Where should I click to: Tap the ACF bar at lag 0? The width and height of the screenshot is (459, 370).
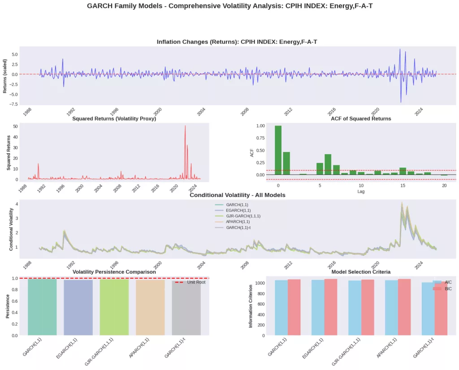coord(278,150)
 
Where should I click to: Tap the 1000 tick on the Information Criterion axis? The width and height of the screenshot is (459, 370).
coord(259,283)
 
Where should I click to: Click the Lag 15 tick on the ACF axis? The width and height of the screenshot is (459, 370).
coord(403,185)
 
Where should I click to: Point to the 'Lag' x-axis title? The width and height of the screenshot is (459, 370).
coord(360,191)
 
